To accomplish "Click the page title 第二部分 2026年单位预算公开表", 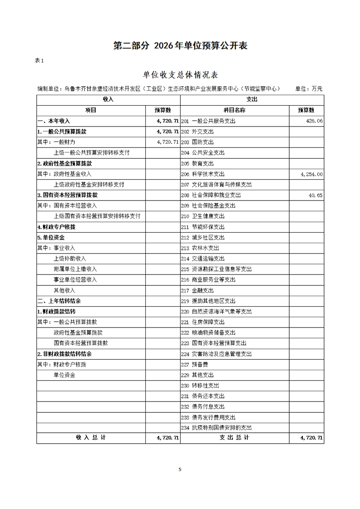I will pos(180,46).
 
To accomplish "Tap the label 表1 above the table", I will pos(39,61).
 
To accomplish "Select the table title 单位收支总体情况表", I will pos(180,75).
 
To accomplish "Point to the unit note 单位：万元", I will pos(309,89).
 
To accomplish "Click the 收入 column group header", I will pos(108,99).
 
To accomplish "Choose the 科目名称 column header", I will pos(234,110).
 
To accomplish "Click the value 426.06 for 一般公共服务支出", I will pos(314,121).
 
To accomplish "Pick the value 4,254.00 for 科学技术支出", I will pos(311,174).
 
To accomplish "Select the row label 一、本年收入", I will pos(54,121).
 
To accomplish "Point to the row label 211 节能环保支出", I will pos(202,227).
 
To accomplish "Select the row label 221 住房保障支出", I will pos(202,322).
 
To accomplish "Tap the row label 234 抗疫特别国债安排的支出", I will pos(216,428).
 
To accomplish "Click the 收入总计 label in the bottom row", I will pos(91,438).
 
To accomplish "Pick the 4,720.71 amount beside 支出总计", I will pos(311,438).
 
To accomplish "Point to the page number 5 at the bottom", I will pos(180,470).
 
